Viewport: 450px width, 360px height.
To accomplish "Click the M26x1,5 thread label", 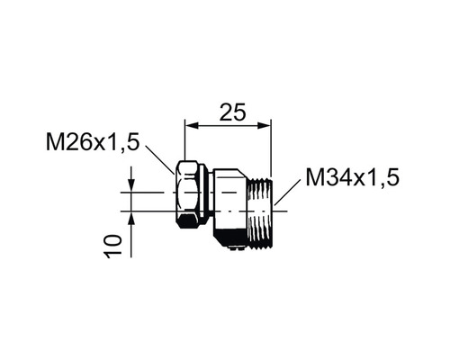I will pyautogui.click(x=93, y=143).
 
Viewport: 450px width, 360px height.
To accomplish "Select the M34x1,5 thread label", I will pyautogui.click(x=350, y=176).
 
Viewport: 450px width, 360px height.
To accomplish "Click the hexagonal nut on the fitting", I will pyautogui.click(x=189, y=196).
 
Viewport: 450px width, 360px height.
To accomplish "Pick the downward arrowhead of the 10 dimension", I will pyautogui.click(x=131, y=186).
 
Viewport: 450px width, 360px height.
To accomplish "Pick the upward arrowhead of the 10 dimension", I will pyautogui.click(x=131, y=217).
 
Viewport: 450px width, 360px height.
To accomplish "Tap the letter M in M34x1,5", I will pyautogui.click(x=314, y=176).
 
